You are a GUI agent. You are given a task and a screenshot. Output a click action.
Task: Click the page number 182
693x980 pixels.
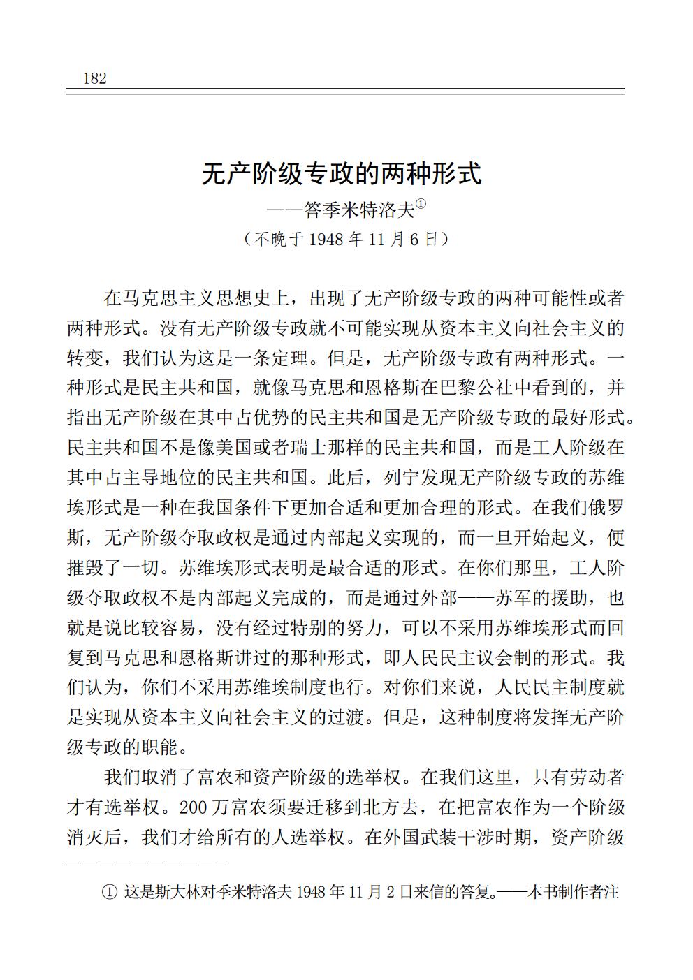coord(94,78)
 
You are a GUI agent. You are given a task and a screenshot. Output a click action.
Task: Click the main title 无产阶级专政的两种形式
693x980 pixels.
coord(342,174)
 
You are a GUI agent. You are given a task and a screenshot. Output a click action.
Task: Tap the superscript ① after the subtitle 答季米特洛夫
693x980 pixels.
coord(421,205)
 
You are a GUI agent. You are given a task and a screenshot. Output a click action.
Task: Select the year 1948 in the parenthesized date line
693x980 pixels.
coord(326,240)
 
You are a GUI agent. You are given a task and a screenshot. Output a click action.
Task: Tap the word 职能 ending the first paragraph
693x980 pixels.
coord(161,747)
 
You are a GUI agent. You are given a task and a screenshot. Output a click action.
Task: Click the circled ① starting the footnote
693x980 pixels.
coord(109,893)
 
